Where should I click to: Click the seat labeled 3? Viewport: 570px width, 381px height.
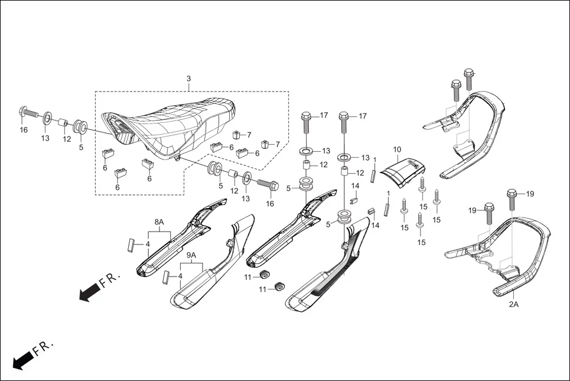point(171,127)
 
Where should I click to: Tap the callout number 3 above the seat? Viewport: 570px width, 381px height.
point(188,79)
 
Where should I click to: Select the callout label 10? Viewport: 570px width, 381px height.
point(397,149)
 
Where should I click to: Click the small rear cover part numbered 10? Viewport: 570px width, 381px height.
point(403,171)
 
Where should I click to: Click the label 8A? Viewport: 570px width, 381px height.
point(159,222)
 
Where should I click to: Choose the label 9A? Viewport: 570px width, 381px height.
point(191,255)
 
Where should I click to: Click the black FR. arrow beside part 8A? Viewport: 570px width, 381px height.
point(89,291)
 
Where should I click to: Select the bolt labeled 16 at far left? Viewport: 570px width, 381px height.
point(26,111)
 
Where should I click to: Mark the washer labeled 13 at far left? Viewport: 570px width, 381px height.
point(46,121)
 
